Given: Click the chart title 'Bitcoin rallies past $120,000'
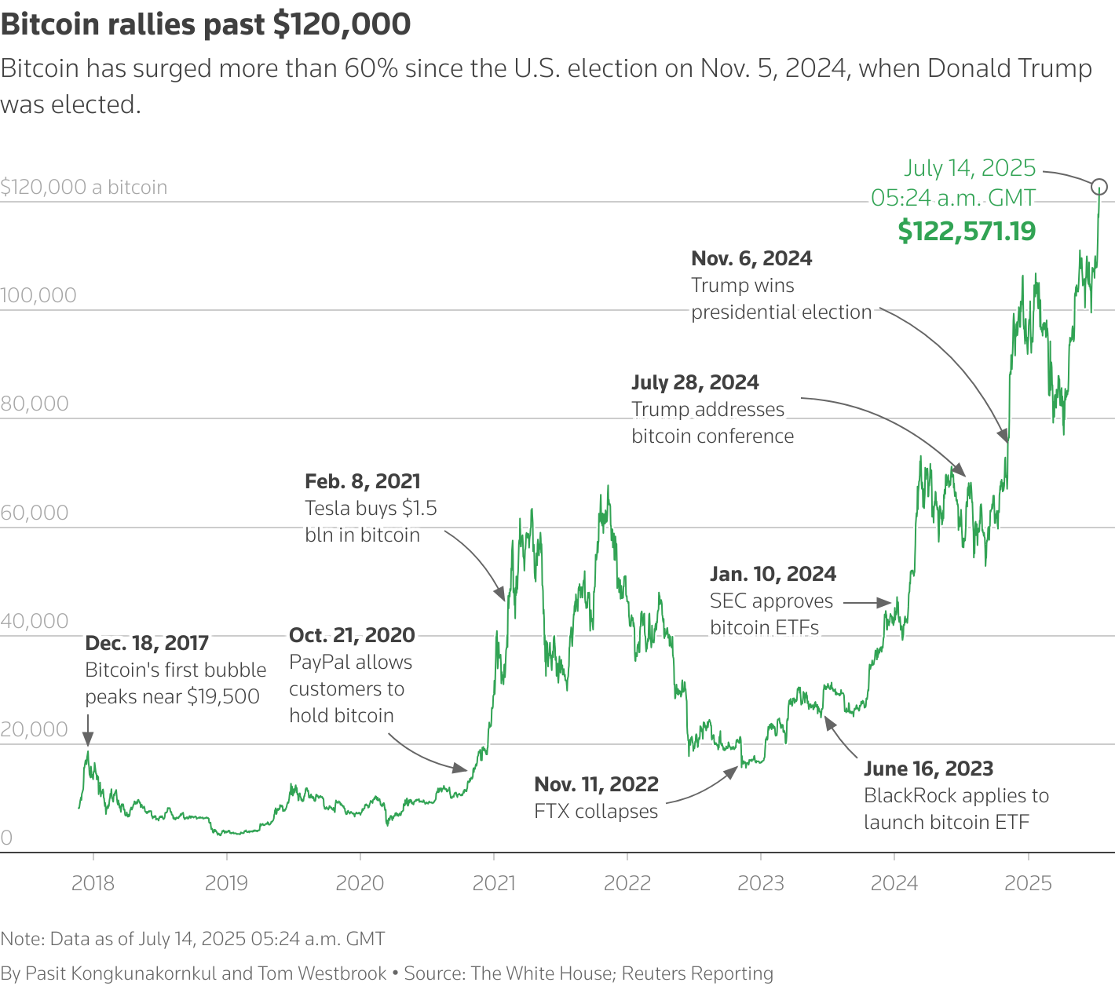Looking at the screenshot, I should click(206, 24).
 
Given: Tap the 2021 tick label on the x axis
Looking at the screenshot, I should click(494, 883).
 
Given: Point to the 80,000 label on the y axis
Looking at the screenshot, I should click(35, 404).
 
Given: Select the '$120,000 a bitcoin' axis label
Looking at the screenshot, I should click(84, 187).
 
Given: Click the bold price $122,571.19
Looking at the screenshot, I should click(967, 231).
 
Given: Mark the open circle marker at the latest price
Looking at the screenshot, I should click(1099, 187).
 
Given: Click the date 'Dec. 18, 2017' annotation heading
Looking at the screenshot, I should click(147, 643).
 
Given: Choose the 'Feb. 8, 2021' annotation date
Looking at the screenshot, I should click(363, 481).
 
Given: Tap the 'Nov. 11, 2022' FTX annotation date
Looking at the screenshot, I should click(596, 784).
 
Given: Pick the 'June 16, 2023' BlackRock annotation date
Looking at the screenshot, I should click(928, 769).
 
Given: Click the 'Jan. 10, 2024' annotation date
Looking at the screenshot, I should click(773, 574).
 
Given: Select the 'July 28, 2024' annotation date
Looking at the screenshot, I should click(695, 382).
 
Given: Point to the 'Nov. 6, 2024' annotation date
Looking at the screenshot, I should click(751, 258).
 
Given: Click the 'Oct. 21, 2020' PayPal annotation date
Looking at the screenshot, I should click(352, 635).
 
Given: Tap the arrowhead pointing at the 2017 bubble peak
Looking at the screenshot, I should click(88, 739).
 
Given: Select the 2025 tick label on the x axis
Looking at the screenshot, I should click(1028, 883).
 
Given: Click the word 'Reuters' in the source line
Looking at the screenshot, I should click(653, 973).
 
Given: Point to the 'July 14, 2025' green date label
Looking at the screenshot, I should click(970, 168).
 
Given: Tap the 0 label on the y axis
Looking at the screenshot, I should click(6, 838).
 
